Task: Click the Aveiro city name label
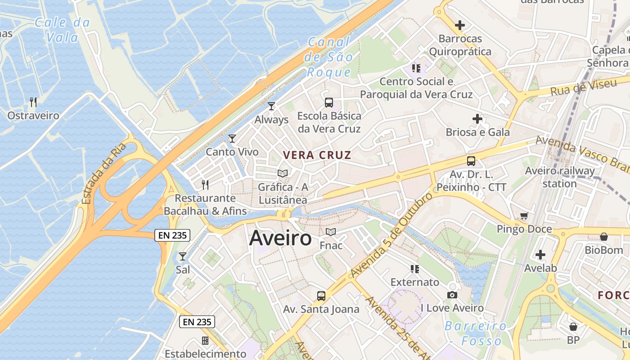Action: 280,238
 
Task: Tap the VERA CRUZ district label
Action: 317,155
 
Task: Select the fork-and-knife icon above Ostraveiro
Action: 33,102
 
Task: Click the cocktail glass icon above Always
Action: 271,106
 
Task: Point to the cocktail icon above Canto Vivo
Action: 232,139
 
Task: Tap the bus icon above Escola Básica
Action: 329,103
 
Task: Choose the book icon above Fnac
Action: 331,232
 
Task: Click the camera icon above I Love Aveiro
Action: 452,295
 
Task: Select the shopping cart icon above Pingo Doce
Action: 524,216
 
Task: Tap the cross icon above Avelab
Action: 540,255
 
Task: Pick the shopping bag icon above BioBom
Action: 604,237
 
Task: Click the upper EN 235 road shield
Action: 172,235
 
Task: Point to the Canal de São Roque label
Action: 328,57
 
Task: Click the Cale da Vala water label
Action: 62,30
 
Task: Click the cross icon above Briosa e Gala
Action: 477,119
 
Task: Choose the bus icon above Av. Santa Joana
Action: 321,296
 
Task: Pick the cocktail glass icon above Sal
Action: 183,256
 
